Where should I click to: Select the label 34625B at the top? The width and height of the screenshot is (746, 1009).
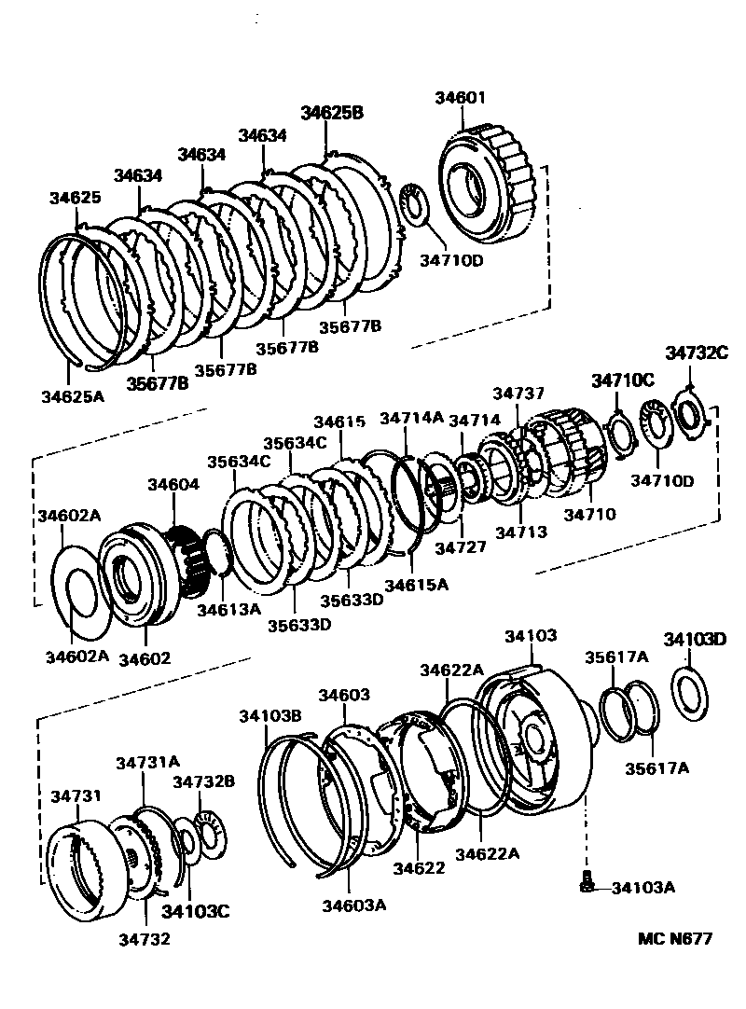[x=331, y=113]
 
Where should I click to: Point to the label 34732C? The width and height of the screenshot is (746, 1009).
[x=696, y=352]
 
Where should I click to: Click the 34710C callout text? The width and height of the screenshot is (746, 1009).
[x=623, y=380]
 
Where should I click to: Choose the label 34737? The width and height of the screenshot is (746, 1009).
[x=518, y=394]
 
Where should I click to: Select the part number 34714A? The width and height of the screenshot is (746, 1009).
[x=411, y=419]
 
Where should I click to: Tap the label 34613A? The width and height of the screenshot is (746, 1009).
[x=228, y=609]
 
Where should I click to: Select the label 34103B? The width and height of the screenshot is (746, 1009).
[x=269, y=716]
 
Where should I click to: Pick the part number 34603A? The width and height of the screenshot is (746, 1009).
[x=353, y=905]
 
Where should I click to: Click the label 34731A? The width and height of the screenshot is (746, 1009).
[x=148, y=762]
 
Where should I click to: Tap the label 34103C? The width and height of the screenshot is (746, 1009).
[x=195, y=911]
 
